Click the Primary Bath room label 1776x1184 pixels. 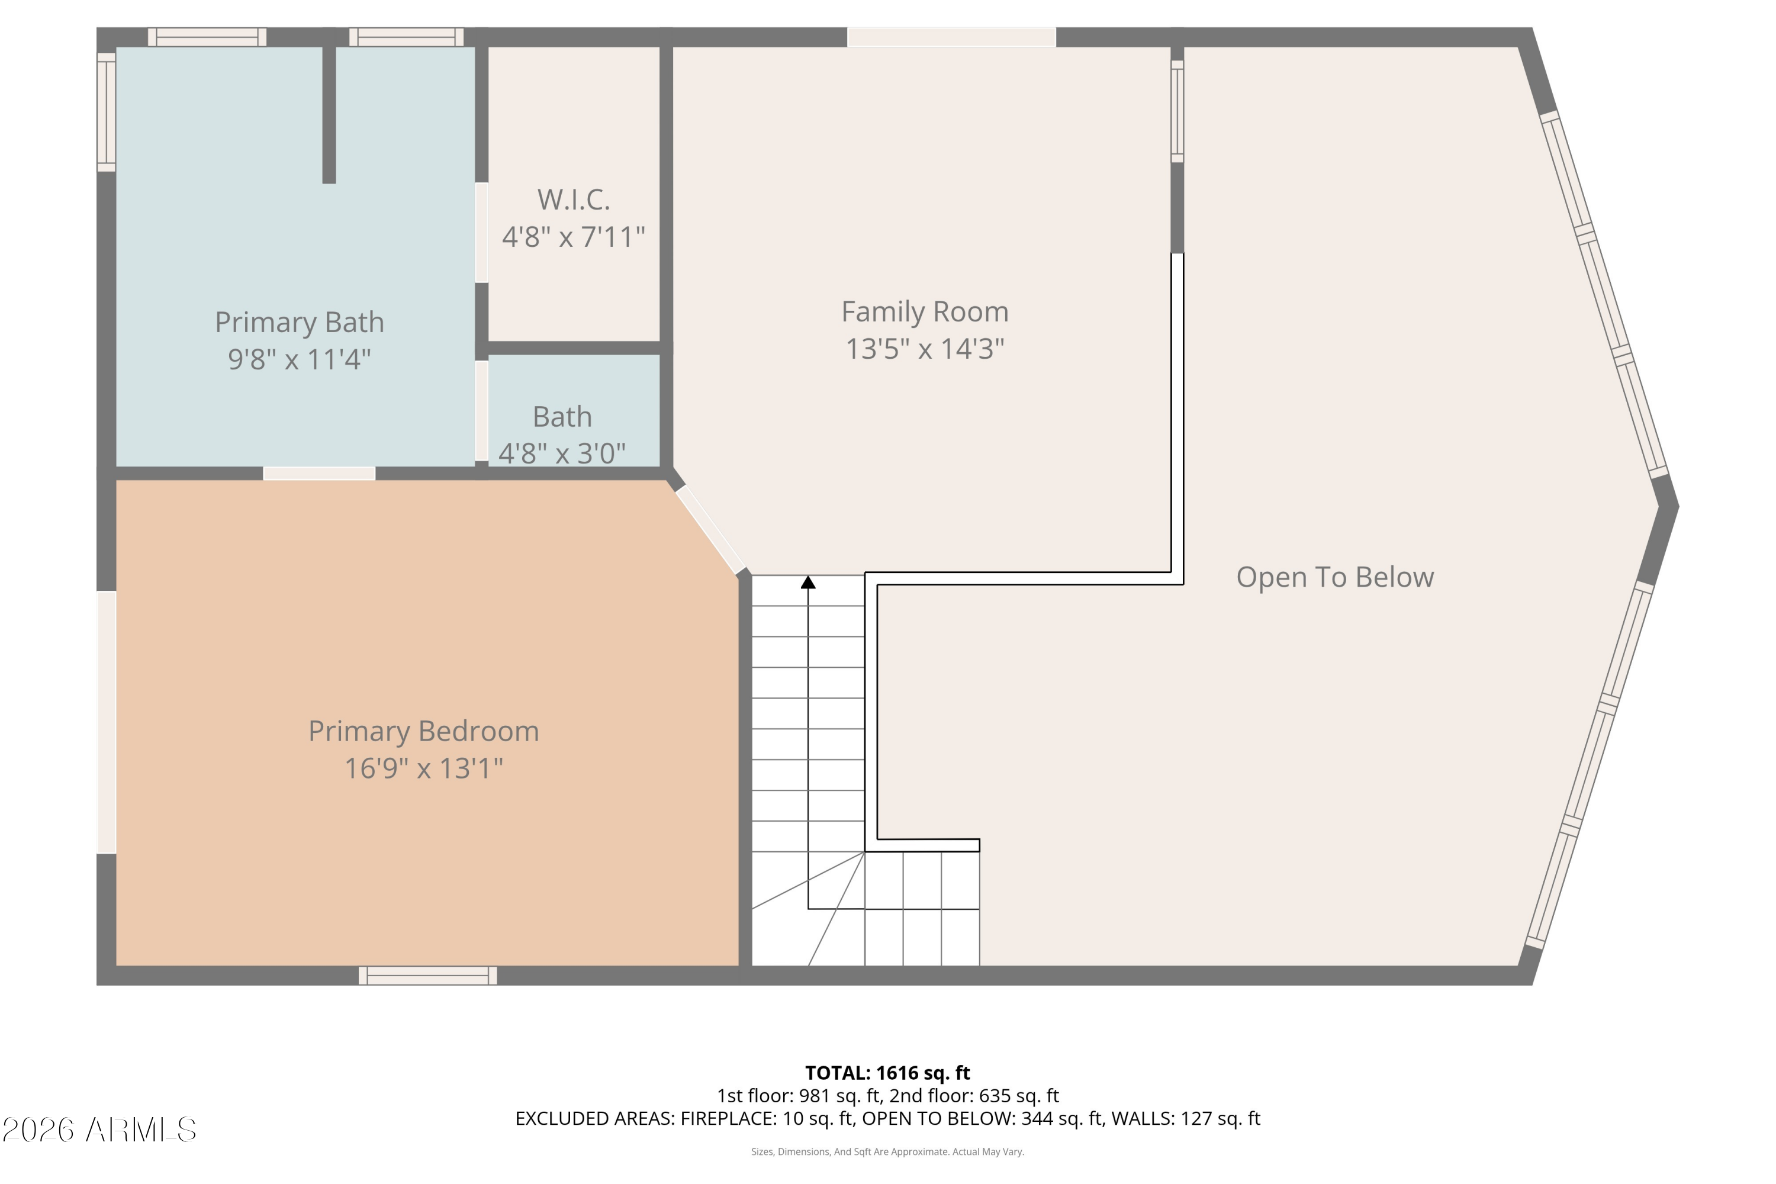pyautogui.click(x=300, y=323)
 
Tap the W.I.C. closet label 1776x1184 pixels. pyautogui.click(x=574, y=200)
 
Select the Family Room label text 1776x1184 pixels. pyautogui.click(x=925, y=311)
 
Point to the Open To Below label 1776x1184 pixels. pyautogui.click(x=1335, y=577)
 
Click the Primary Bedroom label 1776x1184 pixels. pyautogui.click(x=424, y=731)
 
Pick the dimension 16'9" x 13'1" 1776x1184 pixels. pyautogui.click(x=424, y=768)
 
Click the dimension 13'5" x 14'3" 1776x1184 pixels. pyautogui.click(x=925, y=349)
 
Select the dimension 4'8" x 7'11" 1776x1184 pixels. pyautogui.click(x=574, y=236)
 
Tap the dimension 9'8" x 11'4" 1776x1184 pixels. pyautogui.click(x=300, y=359)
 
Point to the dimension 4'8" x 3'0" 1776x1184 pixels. pyautogui.click(x=562, y=453)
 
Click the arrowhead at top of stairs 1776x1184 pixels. pyautogui.click(x=808, y=582)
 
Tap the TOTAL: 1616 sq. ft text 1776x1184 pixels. pyautogui.click(x=887, y=1073)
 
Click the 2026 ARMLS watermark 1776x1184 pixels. pyautogui.click(x=99, y=1130)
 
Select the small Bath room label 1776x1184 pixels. pyautogui.click(x=562, y=417)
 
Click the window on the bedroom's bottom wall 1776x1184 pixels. pyautogui.click(x=427, y=976)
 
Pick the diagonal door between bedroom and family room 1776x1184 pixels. pyautogui.click(x=710, y=529)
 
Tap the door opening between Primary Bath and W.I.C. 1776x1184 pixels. pyautogui.click(x=481, y=233)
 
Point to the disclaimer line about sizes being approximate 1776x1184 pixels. pyautogui.click(x=887, y=1151)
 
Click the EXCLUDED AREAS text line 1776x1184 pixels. pyautogui.click(x=887, y=1118)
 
